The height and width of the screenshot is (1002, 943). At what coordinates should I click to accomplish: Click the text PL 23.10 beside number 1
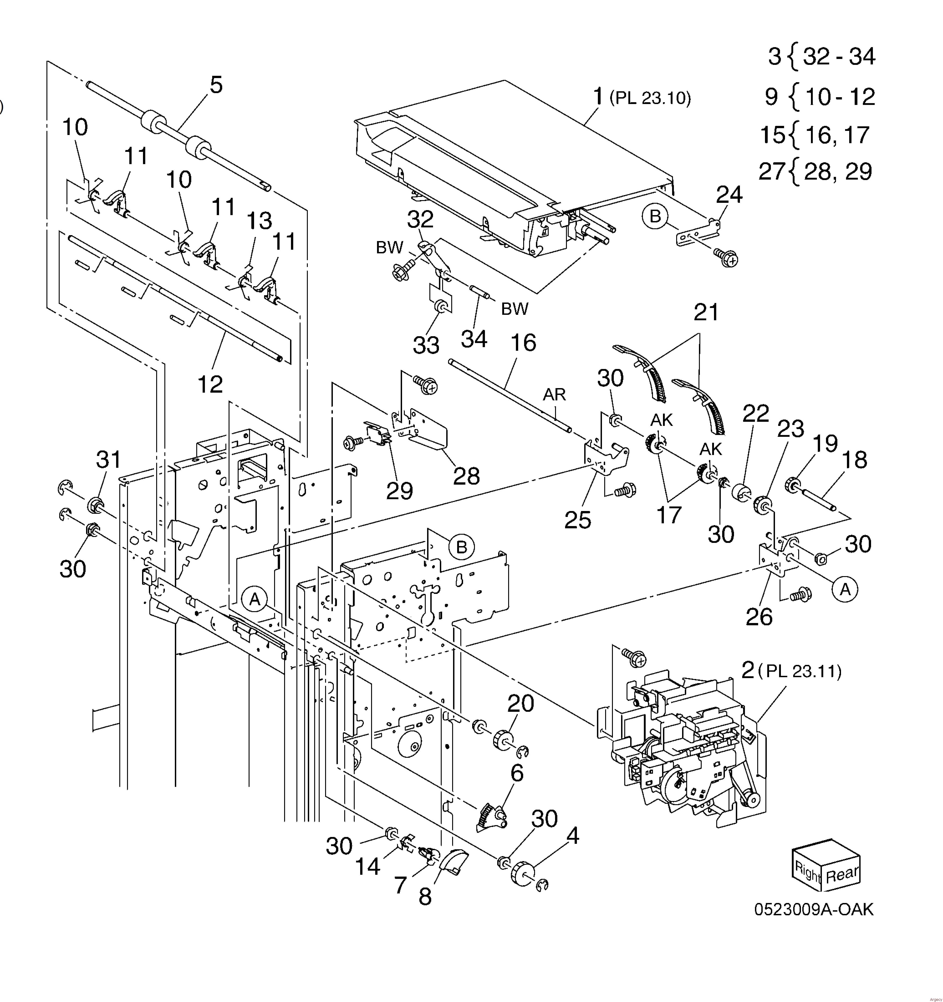coord(650,98)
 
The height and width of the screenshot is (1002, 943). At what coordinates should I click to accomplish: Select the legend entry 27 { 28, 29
coord(815,171)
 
